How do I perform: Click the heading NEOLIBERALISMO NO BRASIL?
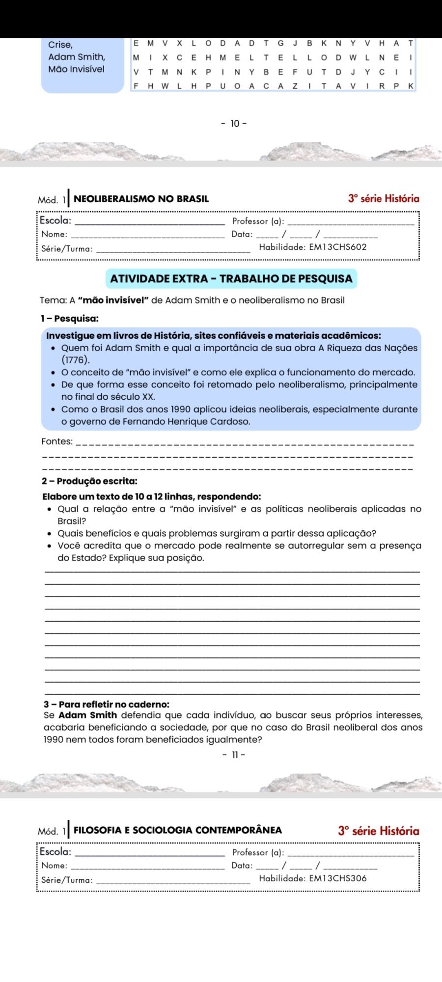point(141,199)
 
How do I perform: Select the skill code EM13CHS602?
point(337,247)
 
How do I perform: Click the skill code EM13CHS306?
point(337,878)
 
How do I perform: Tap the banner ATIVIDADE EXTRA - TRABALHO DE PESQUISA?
point(231,278)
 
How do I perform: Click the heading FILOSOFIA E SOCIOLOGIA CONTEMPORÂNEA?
point(178,830)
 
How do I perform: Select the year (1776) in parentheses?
point(76,360)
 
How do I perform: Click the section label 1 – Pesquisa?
point(70,318)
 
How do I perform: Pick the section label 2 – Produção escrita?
point(89,481)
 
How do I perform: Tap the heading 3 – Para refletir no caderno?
point(107,705)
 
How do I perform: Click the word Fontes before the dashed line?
point(57,441)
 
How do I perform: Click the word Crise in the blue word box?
point(60,45)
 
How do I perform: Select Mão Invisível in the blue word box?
point(76,69)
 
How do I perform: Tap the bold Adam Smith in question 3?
point(88,715)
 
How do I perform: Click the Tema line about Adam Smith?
point(193,300)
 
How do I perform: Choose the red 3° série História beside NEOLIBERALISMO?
point(384,198)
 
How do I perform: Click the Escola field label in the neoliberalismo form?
point(55,220)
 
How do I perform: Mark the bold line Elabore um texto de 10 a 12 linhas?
point(152,496)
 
